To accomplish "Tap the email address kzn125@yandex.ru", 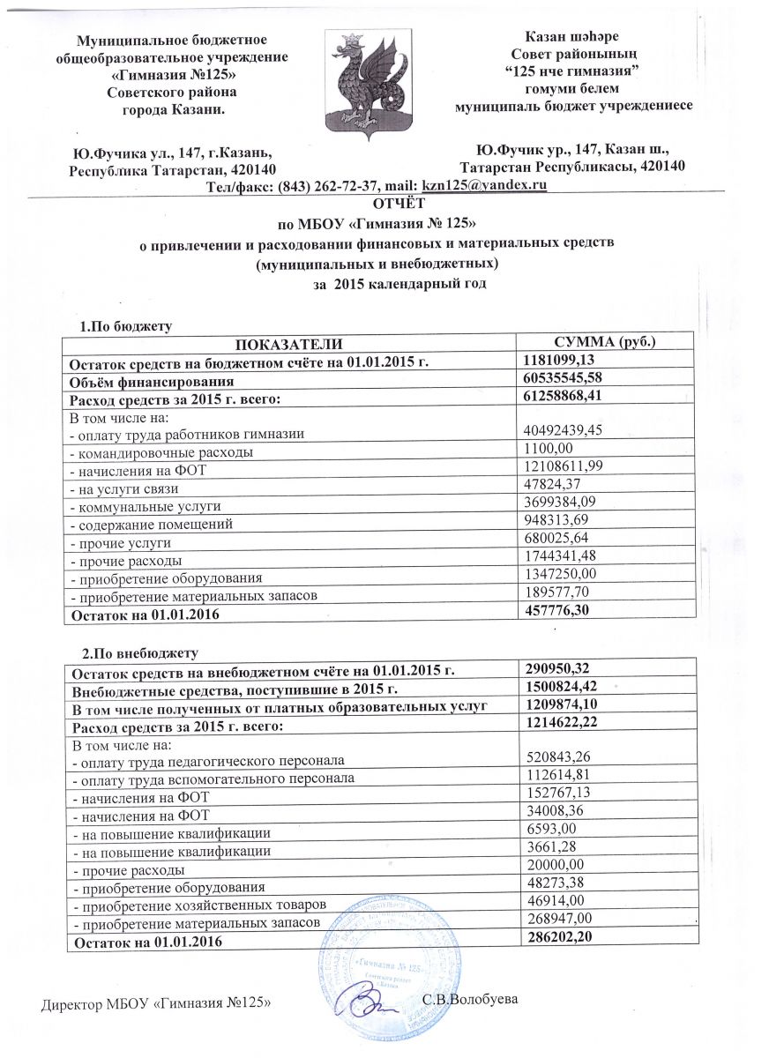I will coord(486,185).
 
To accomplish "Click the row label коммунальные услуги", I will coord(145,506).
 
